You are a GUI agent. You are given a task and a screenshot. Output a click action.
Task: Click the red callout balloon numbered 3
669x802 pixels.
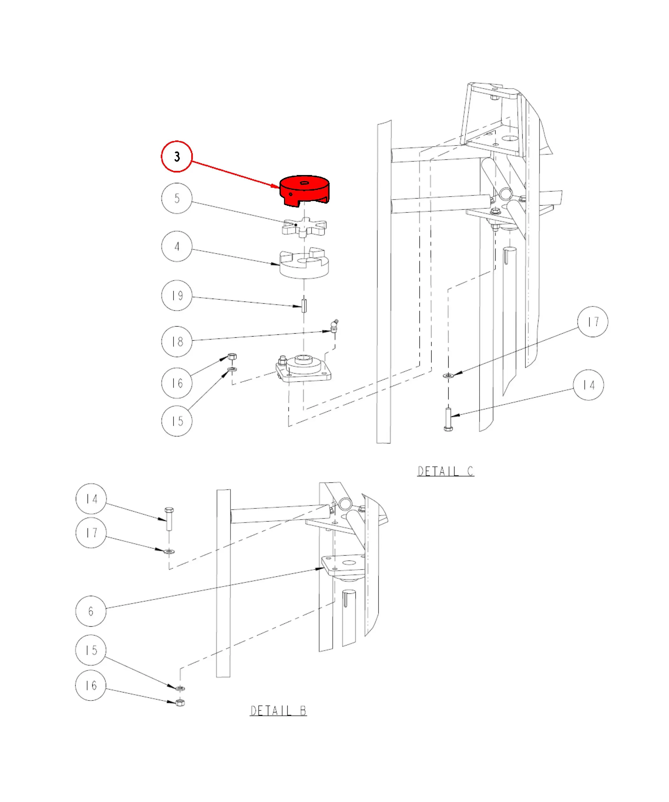coord(176,157)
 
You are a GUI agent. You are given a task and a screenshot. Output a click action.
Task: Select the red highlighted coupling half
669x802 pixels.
coord(304,191)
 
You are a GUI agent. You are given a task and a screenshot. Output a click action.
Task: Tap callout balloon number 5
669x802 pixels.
coord(177,198)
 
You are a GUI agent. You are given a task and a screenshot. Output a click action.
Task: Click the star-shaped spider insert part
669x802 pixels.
coord(304,227)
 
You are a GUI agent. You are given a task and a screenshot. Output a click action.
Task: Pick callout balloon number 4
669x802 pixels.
coord(177,246)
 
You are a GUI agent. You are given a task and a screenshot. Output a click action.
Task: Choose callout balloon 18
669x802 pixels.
coord(177,341)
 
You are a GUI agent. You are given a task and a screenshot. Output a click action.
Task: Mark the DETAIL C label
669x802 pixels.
coord(446,471)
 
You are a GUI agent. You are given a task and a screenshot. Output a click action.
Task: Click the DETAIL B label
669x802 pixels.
coord(278,711)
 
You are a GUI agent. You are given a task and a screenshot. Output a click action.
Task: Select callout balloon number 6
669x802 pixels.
coord(91,611)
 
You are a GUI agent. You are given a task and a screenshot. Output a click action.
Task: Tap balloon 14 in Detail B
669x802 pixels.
coord(91,499)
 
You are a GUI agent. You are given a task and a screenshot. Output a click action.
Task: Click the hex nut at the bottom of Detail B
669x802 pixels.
coord(180,702)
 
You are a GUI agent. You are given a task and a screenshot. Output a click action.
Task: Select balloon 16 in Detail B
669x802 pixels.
coord(91,685)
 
